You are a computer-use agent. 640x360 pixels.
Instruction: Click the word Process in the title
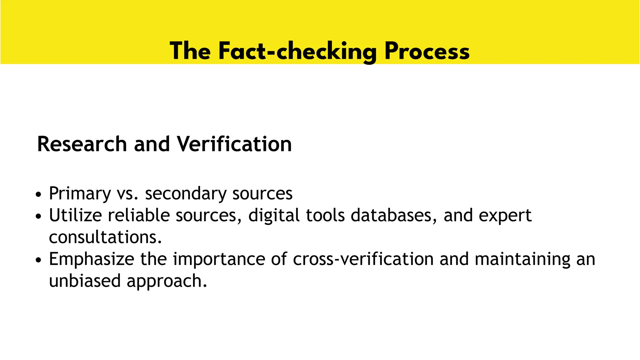click(x=427, y=52)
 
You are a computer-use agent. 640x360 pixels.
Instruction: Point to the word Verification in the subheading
click(x=234, y=144)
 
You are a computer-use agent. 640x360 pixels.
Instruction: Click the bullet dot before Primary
click(x=38, y=195)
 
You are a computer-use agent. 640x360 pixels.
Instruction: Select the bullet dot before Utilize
click(x=38, y=216)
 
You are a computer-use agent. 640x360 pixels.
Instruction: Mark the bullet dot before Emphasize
click(x=38, y=260)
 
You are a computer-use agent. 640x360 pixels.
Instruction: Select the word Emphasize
click(x=92, y=259)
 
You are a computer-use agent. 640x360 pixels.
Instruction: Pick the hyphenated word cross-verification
click(x=363, y=259)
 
